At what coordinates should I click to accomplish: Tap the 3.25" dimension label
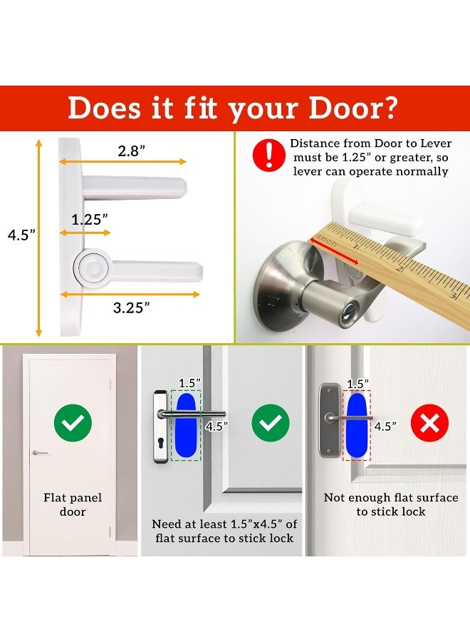click(x=132, y=307)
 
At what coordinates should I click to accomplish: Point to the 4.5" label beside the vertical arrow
click(x=21, y=235)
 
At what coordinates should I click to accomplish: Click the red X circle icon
click(x=429, y=424)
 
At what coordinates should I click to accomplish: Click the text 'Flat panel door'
click(x=72, y=504)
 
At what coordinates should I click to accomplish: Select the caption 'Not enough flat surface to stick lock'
click(x=391, y=504)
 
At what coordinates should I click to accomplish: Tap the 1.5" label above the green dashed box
click(x=188, y=383)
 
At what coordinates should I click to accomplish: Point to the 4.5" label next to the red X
click(x=385, y=427)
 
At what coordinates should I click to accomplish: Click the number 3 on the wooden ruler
click(x=453, y=295)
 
